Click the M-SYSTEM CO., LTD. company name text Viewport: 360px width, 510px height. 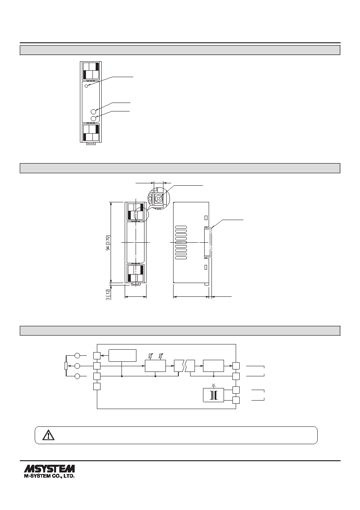click(x=49, y=476)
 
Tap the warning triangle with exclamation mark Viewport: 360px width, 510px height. click(x=48, y=435)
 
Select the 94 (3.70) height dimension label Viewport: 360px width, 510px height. click(x=108, y=243)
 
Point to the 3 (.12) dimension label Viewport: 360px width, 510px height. click(x=108, y=294)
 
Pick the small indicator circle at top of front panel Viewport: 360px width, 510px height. click(x=86, y=86)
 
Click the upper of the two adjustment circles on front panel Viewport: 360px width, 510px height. click(x=94, y=111)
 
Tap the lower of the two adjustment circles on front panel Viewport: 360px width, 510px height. click(x=94, y=118)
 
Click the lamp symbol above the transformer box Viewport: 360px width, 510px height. click(x=213, y=385)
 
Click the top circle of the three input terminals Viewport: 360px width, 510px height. click(x=77, y=355)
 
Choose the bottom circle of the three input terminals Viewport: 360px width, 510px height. click(x=77, y=376)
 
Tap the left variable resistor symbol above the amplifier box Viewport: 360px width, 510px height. click(x=151, y=356)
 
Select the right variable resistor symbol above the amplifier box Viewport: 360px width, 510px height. click(x=161, y=356)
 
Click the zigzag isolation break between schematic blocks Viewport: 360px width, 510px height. click(x=184, y=366)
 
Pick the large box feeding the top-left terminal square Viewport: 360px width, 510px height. click(x=122, y=355)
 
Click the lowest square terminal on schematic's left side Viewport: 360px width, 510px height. click(x=97, y=386)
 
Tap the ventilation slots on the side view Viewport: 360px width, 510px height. click(x=181, y=243)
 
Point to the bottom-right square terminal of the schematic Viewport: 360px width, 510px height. click(x=236, y=400)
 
